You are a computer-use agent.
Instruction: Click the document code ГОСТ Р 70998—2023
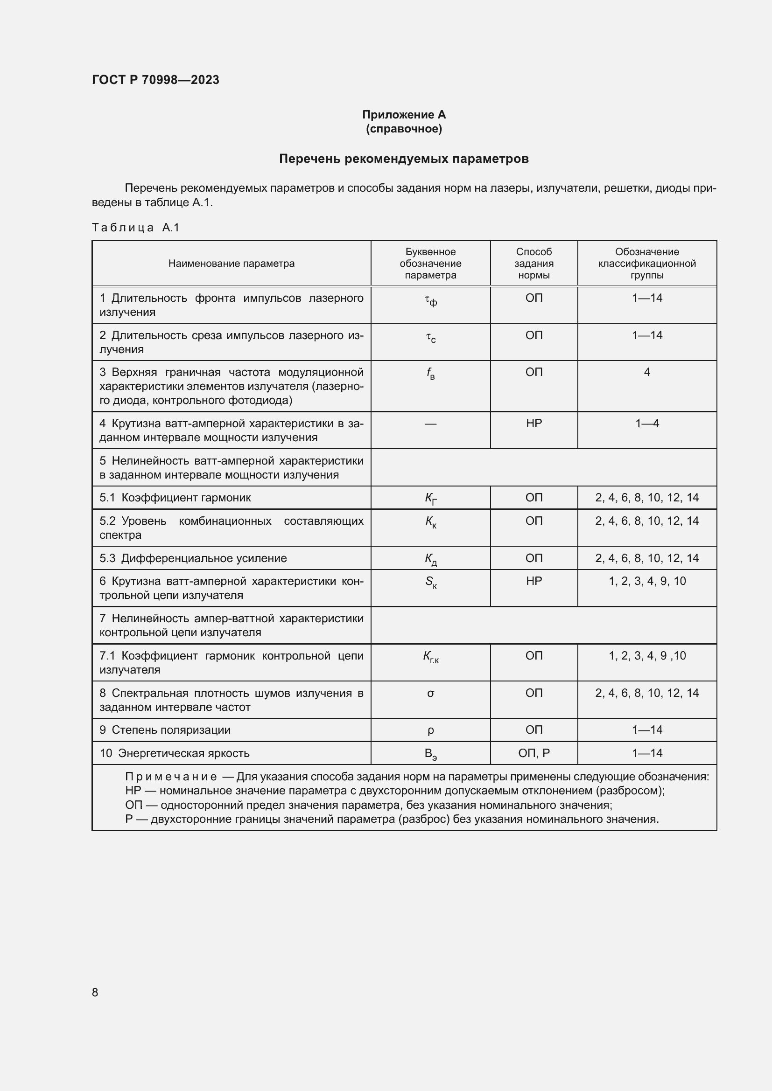click(155, 80)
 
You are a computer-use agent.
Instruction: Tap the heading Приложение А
click(404, 115)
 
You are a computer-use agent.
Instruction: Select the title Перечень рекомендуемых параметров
click(404, 159)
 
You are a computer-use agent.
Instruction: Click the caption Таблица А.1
click(135, 228)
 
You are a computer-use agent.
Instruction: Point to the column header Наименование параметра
click(231, 263)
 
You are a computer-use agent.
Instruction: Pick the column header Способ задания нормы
click(533, 263)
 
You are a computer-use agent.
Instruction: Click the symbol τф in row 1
click(431, 300)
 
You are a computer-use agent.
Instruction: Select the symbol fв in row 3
click(430, 374)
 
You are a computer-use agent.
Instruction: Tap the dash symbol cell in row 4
click(430, 424)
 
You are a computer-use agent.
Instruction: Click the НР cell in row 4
click(534, 424)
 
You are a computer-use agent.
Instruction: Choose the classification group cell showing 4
click(646, 372)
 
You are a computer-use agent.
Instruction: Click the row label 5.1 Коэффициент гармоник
click(175, 498)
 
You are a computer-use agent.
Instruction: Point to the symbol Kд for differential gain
click(431, 559)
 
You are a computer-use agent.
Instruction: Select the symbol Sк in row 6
click(431, 582)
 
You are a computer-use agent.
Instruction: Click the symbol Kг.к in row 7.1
click(431, 657)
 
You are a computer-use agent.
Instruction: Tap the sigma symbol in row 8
click(431, 693)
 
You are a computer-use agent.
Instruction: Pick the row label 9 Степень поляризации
click(165, 730)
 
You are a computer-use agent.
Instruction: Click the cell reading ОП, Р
click(534, 753)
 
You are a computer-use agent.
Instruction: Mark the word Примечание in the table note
click(171, 777)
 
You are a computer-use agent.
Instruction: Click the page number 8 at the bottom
click(95, 992)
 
